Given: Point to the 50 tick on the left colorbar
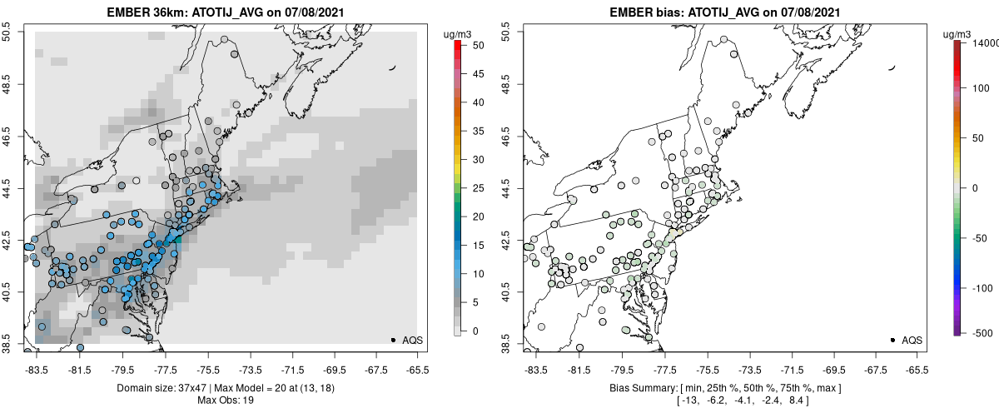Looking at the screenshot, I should click(x=471, y=46).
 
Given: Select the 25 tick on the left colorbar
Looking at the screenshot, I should click(x=471, y=188).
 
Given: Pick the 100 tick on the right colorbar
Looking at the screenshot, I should click(x=978, y=87).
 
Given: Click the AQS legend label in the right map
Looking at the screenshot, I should click(x=912, y=340).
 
